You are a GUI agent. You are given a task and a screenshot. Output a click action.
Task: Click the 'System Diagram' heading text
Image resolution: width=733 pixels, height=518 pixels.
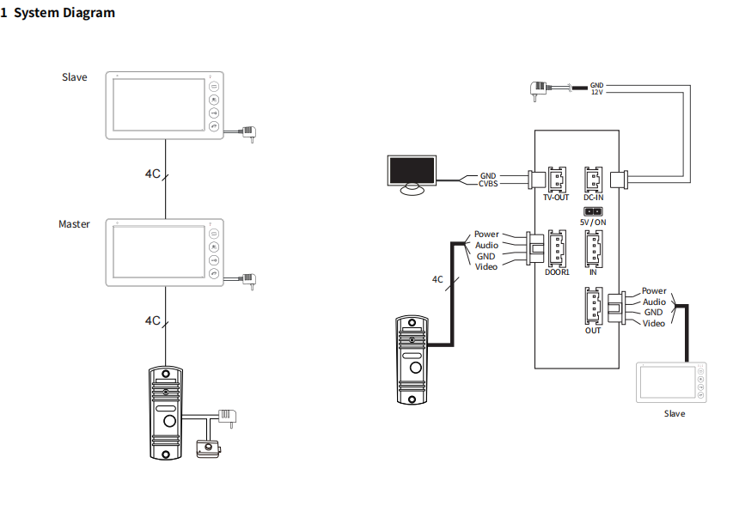(64, 13)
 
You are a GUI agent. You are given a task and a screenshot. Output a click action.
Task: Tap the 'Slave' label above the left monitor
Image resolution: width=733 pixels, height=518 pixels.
(74, 77)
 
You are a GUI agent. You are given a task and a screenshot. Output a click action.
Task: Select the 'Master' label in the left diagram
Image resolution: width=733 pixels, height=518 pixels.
(74, 224)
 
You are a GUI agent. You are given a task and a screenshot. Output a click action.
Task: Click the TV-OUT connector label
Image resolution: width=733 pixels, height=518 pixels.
(556, 198)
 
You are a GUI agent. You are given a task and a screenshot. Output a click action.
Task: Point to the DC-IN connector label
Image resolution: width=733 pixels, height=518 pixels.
(594, 198)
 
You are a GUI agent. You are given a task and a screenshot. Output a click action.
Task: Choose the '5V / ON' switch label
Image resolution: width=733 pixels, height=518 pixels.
(593, 222)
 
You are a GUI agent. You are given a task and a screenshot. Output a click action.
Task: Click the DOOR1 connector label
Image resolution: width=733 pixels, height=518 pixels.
(557, 273)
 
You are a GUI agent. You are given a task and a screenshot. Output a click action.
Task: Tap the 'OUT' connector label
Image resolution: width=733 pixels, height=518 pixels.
(593, 330)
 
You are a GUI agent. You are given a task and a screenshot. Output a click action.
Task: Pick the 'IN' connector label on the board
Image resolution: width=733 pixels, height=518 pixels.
(593, 271)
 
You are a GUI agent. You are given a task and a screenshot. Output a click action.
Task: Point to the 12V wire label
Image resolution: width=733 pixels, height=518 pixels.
(597, 93)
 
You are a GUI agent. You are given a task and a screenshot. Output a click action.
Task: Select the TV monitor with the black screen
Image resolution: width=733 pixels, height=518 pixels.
(412, 172)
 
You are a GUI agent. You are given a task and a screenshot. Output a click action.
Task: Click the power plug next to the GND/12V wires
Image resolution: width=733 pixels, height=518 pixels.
(541, 88)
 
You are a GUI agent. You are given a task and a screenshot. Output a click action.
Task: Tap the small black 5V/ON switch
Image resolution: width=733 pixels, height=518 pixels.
(592, 211)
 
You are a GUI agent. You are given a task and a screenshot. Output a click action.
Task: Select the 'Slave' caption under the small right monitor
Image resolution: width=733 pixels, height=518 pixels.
(675, 414)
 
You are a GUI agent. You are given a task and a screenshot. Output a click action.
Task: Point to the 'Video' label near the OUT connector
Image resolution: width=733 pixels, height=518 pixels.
(654, 323)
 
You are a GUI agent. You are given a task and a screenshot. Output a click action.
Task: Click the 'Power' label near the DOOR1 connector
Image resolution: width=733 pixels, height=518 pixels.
(486, 235)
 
